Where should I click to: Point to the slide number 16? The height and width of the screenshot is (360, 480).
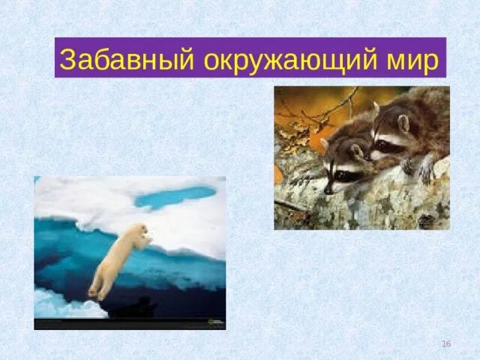point(446,343)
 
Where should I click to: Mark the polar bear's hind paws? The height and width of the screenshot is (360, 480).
point(95,292)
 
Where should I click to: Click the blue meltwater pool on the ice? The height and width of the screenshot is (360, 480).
point(174,196)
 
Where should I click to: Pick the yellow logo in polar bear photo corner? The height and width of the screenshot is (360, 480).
point(217,323)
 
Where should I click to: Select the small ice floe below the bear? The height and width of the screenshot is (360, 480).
point(64,304)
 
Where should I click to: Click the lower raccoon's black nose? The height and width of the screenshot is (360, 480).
point(328,190)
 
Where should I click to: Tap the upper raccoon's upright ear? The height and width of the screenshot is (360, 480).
point(375,109)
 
